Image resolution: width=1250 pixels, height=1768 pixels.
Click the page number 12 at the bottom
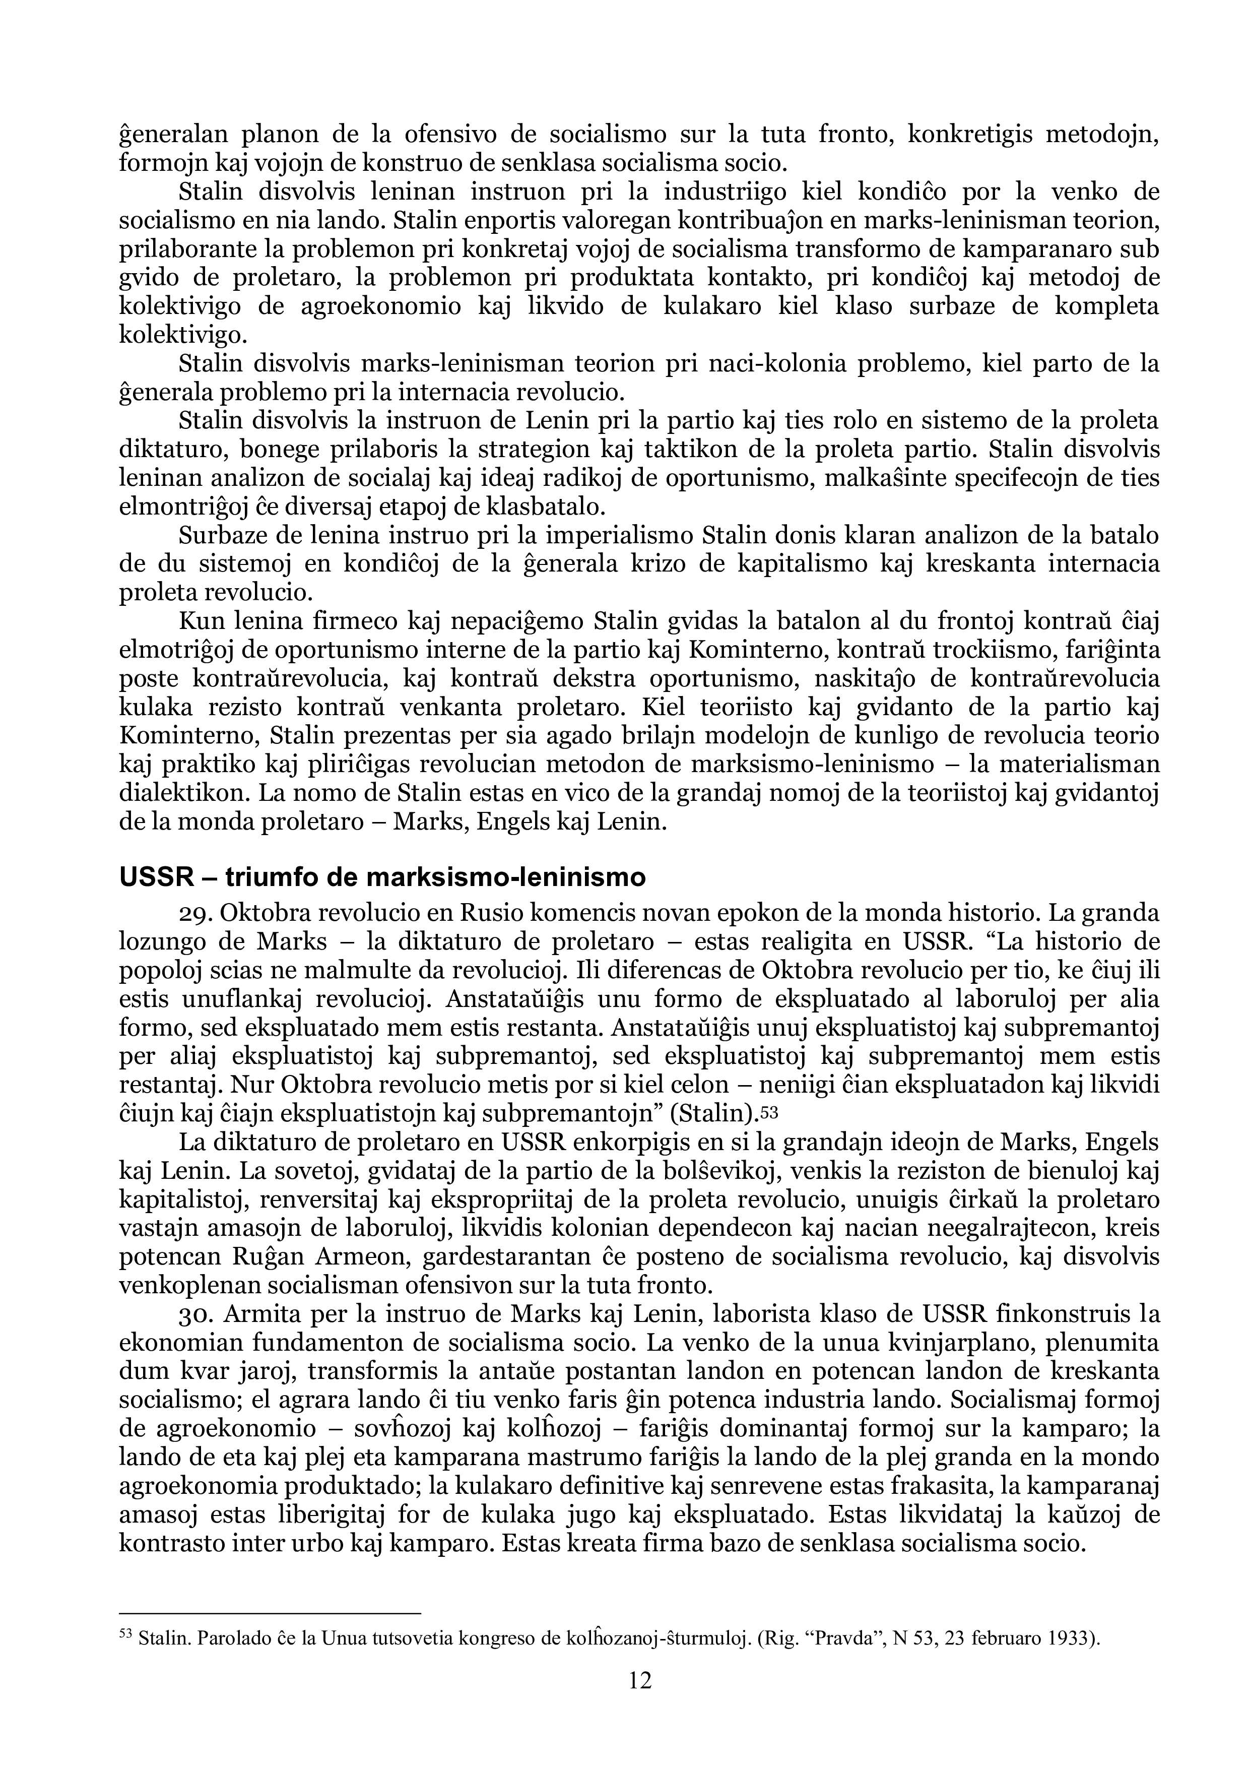point(640,1679)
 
